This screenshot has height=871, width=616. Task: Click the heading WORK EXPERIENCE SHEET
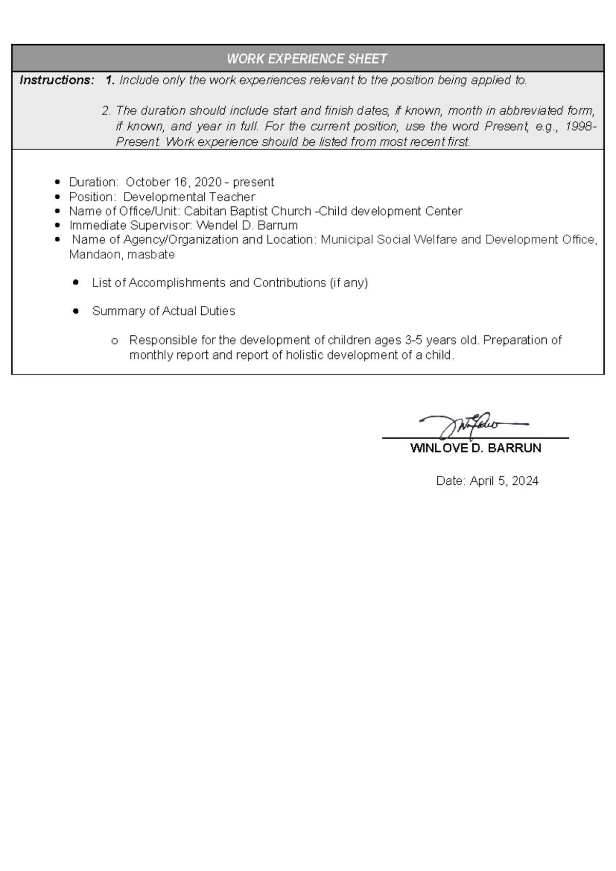(x=307, y=59)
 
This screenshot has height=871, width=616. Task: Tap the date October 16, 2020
(x=174, y=182)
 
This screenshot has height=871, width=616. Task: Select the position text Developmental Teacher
(x=189, y=197)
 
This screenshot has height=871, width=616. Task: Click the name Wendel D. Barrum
(x=247, y=225)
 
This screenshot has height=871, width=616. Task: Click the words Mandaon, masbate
(x=122, y=255)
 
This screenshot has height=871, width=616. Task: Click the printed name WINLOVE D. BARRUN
(x=475, y=448)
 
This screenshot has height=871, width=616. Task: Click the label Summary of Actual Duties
(x=163, y=311)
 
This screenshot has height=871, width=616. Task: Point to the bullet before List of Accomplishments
(x=76, y=282)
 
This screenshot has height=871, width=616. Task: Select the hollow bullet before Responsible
(x=114, y=341)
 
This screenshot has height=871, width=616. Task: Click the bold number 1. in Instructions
(x=110, y=80)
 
